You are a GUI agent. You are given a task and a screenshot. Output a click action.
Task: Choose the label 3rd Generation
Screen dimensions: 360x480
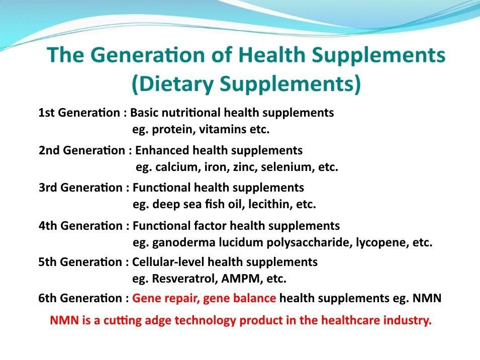[x=80, y=188]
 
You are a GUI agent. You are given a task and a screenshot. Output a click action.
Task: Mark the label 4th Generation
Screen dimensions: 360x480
[x=80, y=226]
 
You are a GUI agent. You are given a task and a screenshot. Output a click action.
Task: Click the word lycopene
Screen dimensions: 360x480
[x=380, y=243]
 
